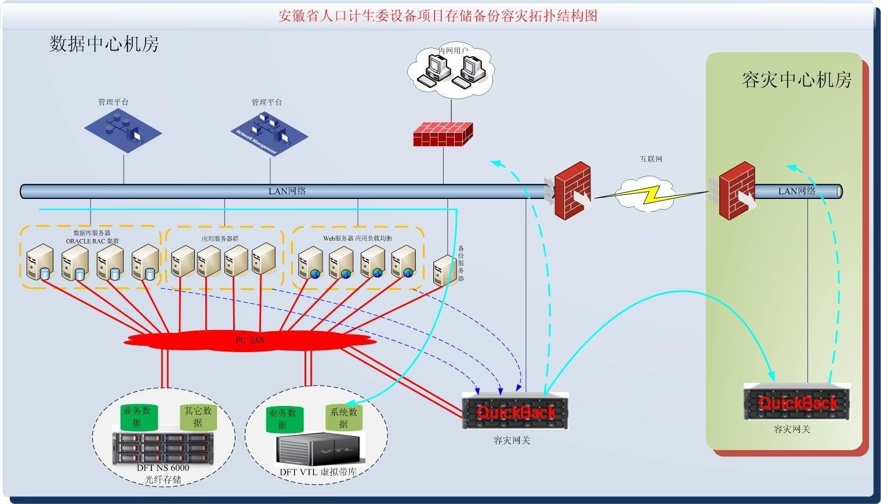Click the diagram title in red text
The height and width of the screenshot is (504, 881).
438,16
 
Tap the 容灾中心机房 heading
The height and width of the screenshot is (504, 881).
796,80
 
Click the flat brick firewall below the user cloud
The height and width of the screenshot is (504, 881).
443,134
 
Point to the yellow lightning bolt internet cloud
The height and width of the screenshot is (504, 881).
644,195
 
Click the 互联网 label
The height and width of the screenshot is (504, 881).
651,159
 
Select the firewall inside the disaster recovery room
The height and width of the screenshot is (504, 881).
737,190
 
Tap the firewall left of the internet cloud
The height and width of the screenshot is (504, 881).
572,190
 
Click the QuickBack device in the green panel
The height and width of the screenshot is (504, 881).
797,402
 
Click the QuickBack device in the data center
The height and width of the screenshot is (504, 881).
515,411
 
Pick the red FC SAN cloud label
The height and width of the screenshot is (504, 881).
249,340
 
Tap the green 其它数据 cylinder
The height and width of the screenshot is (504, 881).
198,416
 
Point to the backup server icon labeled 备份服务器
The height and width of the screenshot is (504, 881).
445,270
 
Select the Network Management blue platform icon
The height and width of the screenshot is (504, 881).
269,132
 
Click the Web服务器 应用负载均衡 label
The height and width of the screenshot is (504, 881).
357,238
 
